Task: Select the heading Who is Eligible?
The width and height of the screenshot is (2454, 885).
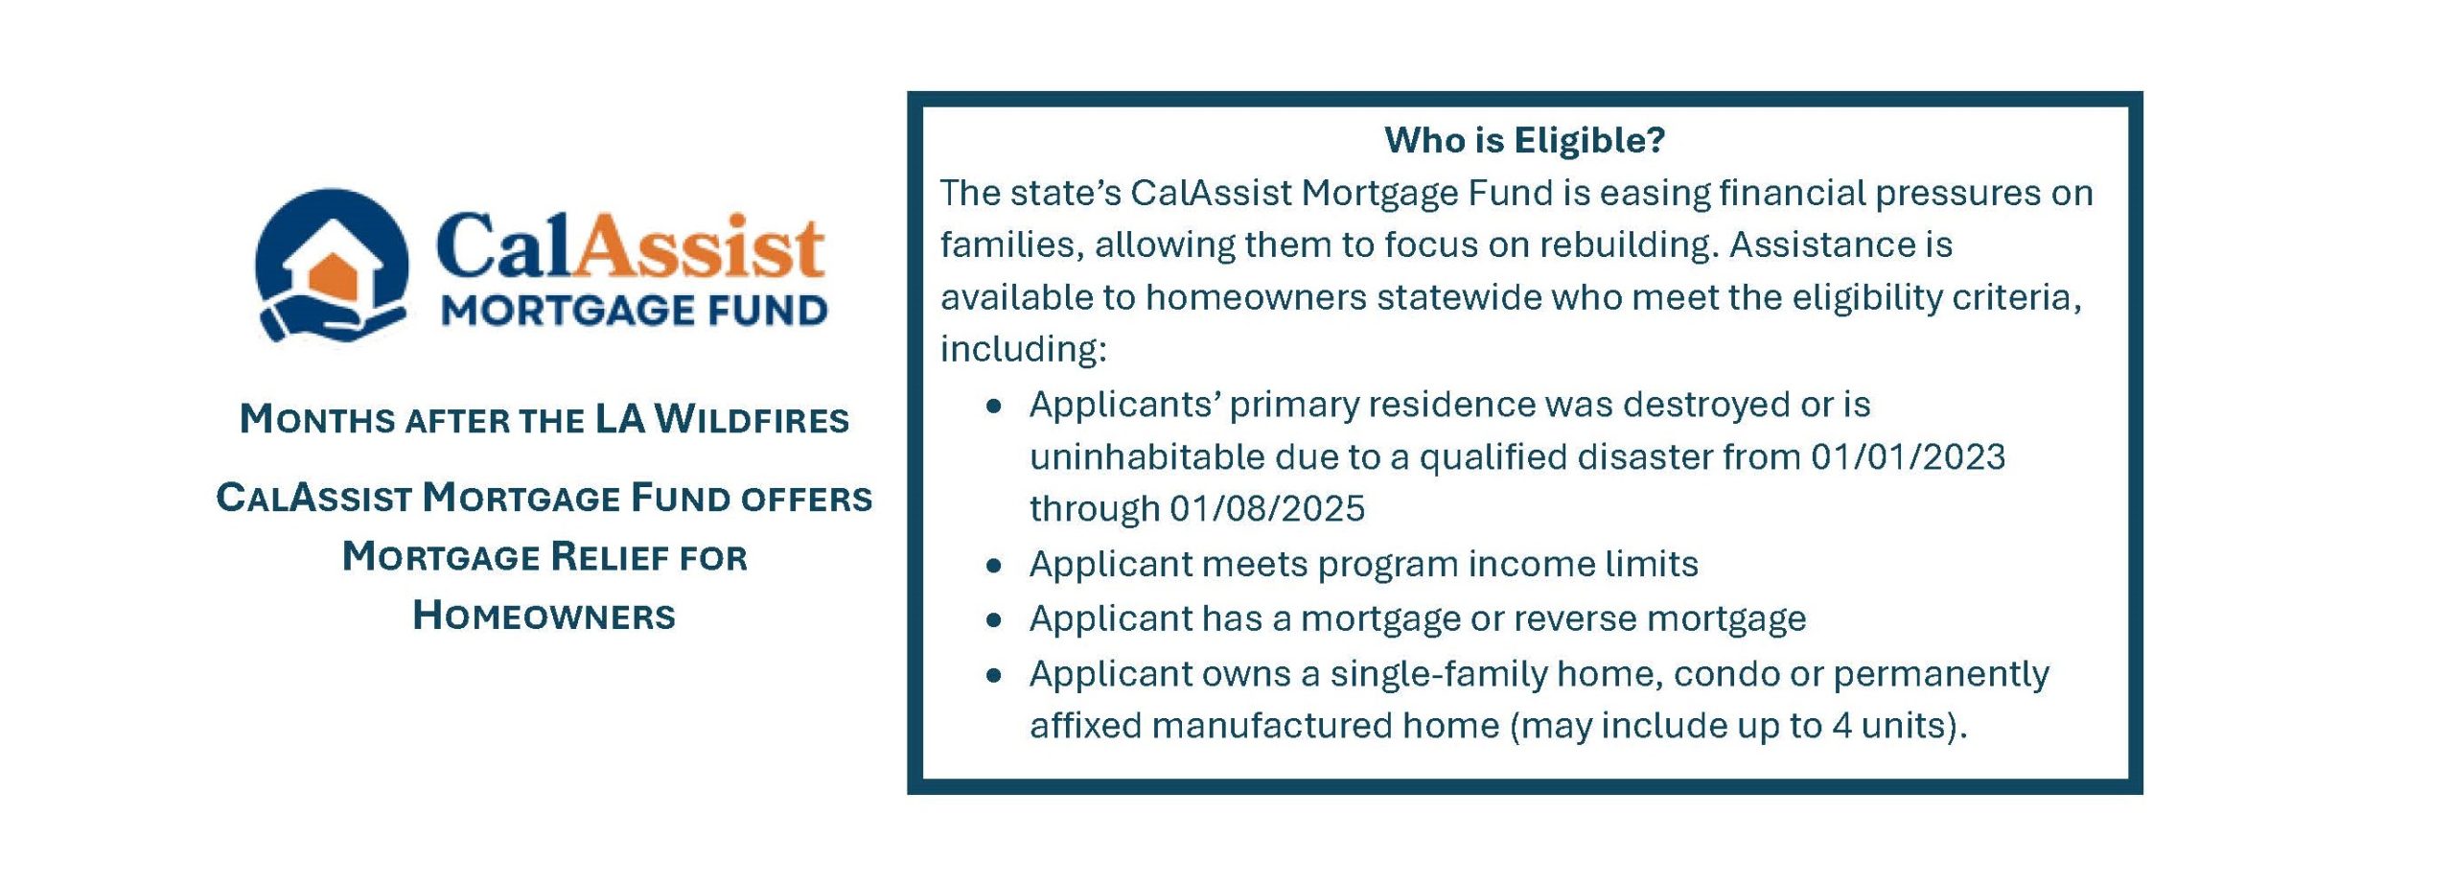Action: click(x=1524, y=140)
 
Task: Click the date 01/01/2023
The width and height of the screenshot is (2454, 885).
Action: click(x=1908, y=456)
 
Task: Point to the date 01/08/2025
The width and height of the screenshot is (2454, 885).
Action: click(x=1266, y=508)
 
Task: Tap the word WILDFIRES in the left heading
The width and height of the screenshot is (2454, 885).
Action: click(x=752, y=420)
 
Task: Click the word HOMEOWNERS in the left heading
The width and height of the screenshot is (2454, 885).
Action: click(x=544, y=616)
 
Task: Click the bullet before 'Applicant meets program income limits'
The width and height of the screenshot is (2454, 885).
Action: click(x=994, y=567)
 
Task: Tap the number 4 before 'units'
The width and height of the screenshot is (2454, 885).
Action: click(x=1840, y=726)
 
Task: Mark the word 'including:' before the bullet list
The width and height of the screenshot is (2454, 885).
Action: click(x=1023, y=349)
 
